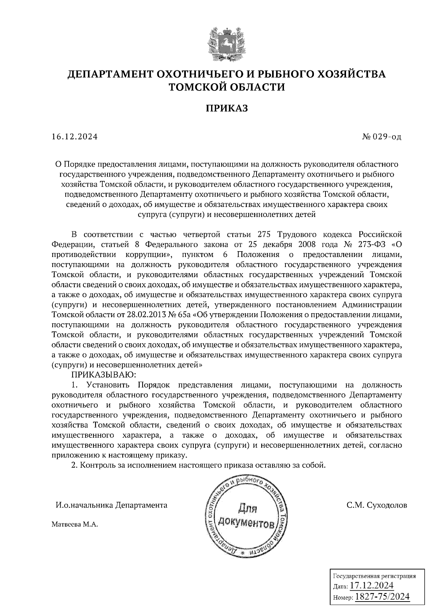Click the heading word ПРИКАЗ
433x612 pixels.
pos(227,108)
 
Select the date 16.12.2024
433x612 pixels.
pos(74,137)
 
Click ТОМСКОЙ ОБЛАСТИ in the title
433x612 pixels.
pos(227,87)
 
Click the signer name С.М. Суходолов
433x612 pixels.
pos(376,505)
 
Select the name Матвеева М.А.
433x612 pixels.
pos(75,525)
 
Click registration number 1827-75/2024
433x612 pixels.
pos(382,597)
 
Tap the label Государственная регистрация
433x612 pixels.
pos(374,576)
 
